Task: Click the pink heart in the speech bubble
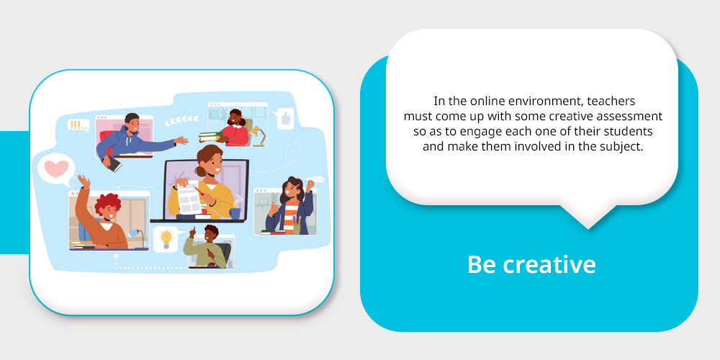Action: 56,168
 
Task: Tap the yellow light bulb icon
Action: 166,238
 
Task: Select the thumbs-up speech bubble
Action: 284,119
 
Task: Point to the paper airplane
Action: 315,180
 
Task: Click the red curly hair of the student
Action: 107,204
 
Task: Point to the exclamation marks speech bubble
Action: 78,125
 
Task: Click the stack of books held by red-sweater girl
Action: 211,137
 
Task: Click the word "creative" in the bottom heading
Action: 549,264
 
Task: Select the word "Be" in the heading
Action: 482,264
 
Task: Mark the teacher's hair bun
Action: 201,171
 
